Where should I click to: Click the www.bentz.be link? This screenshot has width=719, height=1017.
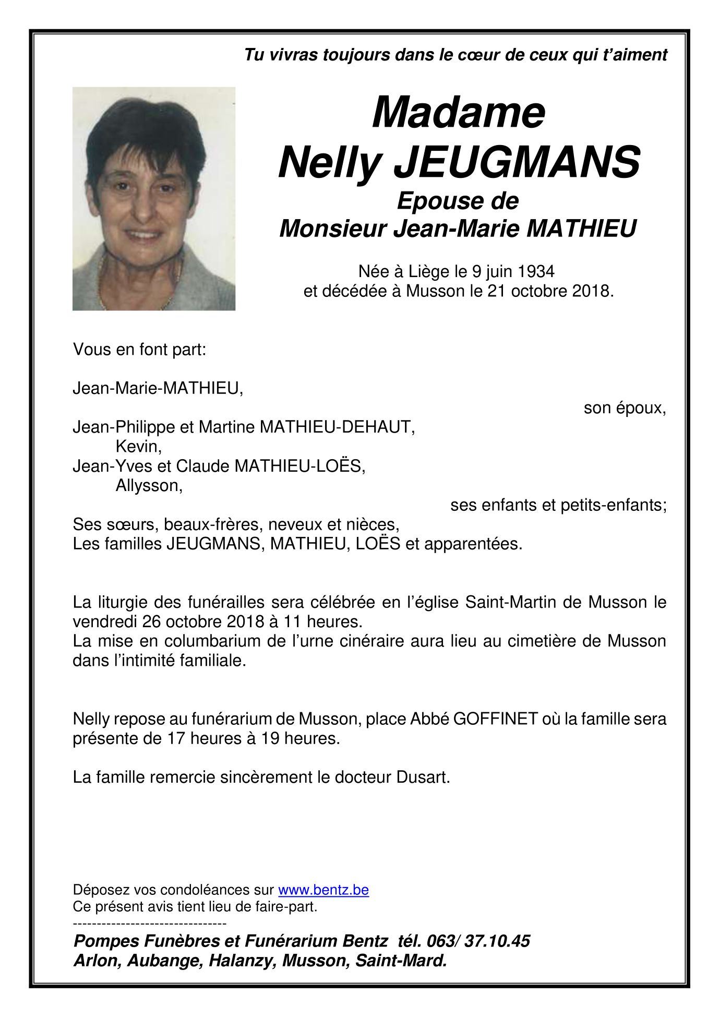click(x=323, y=890)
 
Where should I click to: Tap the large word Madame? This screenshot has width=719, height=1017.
click(x=458, y=113)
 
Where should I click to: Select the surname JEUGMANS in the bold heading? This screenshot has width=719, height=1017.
click(x=517, y=162)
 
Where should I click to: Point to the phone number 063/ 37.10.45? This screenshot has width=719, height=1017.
click(x=478, y=941)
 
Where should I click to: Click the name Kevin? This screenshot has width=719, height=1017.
click(x=138, y=447)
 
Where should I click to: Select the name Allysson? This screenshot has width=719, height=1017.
click(x=149, y=486)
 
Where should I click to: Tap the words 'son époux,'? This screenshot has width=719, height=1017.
click(x=625, y=408)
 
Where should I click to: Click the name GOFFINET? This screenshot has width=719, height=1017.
click(x=495, y=719)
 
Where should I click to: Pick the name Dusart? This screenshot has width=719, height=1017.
click(x=423, y=777)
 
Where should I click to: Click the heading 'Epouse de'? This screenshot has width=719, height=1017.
click(x=458, y=201)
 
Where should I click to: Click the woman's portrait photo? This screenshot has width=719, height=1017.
click(x=154, y=198)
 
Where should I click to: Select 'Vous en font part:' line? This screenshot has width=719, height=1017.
click(x=140, y=350)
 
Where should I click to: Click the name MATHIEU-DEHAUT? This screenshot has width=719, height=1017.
click(x=337, y=427)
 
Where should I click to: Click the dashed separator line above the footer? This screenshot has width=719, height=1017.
click(x=150, y=924)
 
